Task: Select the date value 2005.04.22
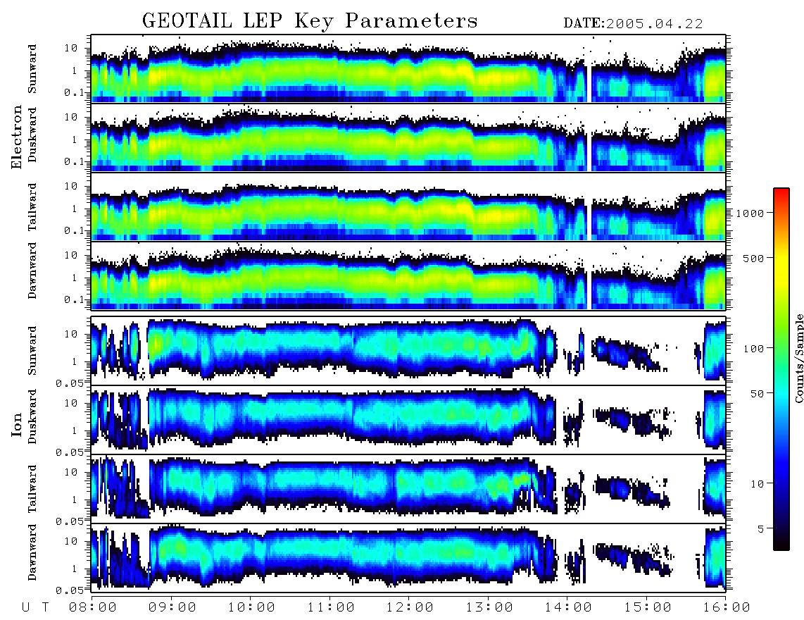[654, 24]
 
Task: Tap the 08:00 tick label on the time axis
[93, 607]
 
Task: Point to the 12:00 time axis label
[409, 607]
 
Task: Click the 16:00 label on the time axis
[726, 607]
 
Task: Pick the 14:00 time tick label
[567, 607]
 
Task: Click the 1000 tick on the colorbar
[750, 213]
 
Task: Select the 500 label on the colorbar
[753, 258]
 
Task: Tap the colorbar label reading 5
[761, 528]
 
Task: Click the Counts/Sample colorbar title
[798, 358]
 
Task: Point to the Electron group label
[17, 137]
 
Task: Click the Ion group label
[17, 425]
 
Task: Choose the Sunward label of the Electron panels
[32, 69]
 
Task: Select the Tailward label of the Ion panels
[32, 489]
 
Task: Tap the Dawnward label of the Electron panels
[32, 271]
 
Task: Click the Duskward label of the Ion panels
[32, 417]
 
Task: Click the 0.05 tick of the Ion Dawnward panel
[70, 590]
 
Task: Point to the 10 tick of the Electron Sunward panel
[71, 48]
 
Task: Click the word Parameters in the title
[411, 21]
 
